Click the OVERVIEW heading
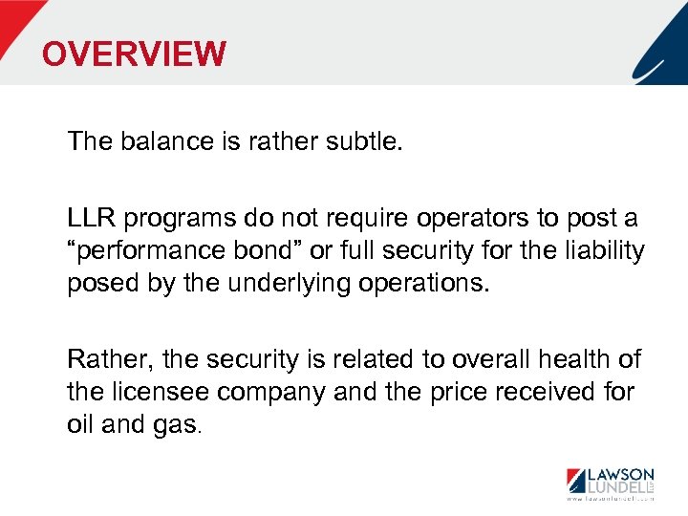tap(134, 54)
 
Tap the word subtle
tap(365, 141)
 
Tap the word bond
tap(257, 251)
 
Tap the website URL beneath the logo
tap(610, 500)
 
